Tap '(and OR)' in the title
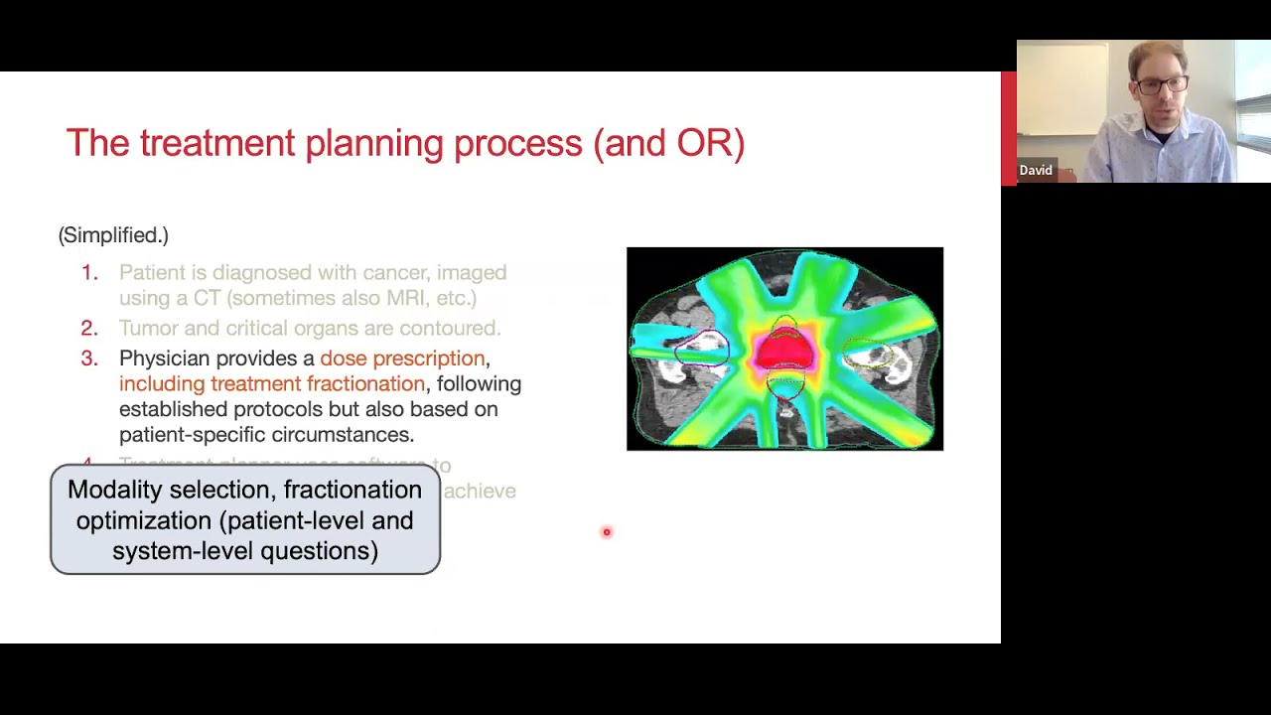coord(668,143)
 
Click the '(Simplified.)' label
coord(113,235)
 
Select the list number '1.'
coord(89,272)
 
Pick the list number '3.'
coord(89,358)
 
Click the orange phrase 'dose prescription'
coord(402,358)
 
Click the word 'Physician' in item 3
coord(164,358)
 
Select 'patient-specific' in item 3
coord(191,435)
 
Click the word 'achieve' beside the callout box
coord(480,491)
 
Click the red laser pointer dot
coord(607,532)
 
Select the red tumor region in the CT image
coord(784,354)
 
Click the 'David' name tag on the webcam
coord(1035,171)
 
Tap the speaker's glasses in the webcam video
coord(1159,85)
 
